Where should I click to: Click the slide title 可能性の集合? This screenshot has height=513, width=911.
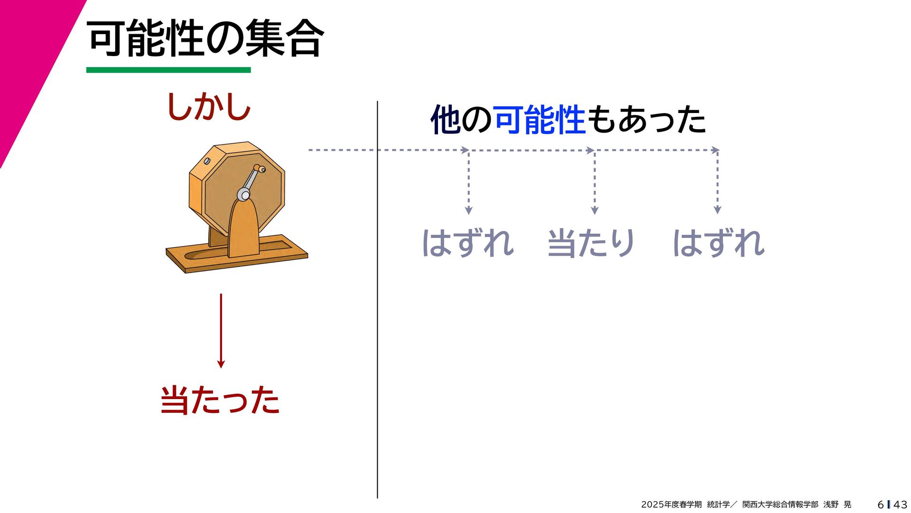(205, 38)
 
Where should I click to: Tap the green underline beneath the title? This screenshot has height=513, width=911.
(168, 70)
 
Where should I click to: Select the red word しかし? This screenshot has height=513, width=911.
(209, 106)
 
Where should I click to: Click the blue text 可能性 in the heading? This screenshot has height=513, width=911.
(539, 120)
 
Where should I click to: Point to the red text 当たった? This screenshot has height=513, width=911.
(220, 400)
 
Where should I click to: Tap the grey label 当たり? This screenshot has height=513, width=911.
(591, 243)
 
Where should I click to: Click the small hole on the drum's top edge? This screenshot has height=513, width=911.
(207, 161)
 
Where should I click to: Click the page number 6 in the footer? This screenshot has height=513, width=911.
(881, 504)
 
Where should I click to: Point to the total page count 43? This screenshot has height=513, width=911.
(900, 504)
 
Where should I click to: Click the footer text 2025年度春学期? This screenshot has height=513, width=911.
(671, 504)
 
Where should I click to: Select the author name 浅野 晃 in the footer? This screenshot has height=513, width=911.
(837, 504)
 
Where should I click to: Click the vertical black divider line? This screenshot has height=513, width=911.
(377, 299)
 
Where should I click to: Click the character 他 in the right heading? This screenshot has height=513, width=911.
(445, 120)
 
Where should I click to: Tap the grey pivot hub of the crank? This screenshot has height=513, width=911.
(243, 194)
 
